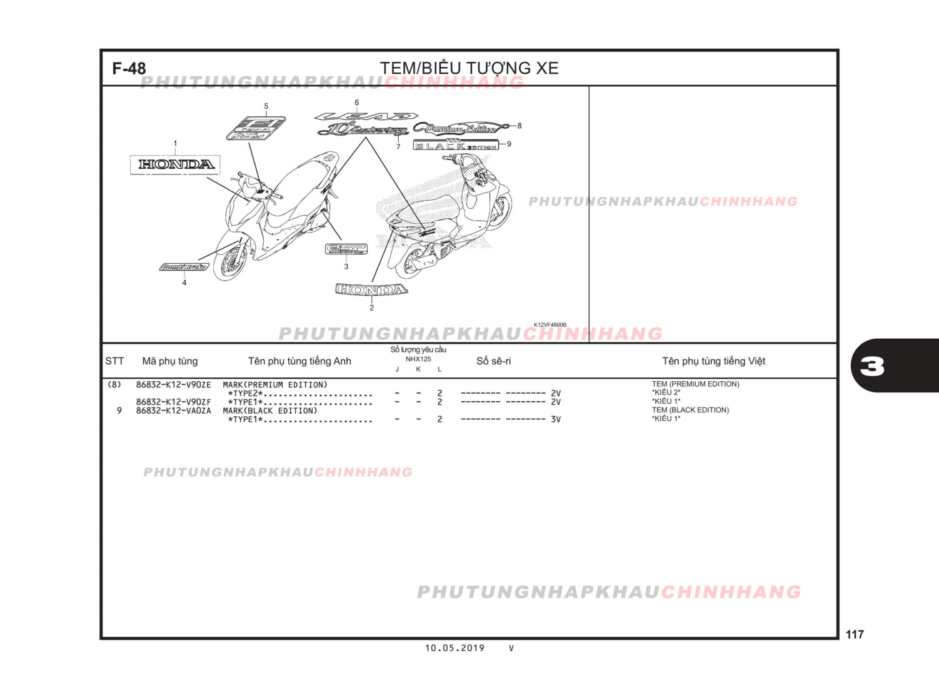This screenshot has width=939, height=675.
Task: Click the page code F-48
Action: [129, 69]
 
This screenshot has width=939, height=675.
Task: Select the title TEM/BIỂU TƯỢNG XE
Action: [469, 68]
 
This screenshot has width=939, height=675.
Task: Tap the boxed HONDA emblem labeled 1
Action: [176, 164]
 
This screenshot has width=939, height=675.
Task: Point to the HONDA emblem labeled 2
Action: [371, 289]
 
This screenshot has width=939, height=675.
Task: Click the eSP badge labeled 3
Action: [346, 249]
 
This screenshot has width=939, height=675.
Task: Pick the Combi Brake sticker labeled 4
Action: [184, 267]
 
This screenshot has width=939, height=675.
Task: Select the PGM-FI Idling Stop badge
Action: [256, 128]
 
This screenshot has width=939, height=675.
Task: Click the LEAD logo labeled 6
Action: [366, 116]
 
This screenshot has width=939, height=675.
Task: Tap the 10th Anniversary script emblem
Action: [363, 131]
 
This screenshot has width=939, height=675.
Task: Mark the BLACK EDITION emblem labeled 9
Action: [456, 146]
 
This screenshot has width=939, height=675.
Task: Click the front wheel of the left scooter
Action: [229, 262]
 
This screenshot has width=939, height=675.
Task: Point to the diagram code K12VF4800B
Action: [550, 325]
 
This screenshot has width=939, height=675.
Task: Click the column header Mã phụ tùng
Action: [169, 361]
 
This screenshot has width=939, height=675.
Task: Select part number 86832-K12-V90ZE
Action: [173, 385]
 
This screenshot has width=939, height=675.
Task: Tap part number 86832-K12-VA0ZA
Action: [173, 411]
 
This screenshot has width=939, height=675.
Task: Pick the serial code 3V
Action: [555, 419]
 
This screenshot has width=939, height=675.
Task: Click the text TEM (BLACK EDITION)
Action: [690, 410]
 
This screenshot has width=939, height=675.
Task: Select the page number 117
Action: [855, 634]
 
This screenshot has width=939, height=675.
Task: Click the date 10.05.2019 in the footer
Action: [454, 648]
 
